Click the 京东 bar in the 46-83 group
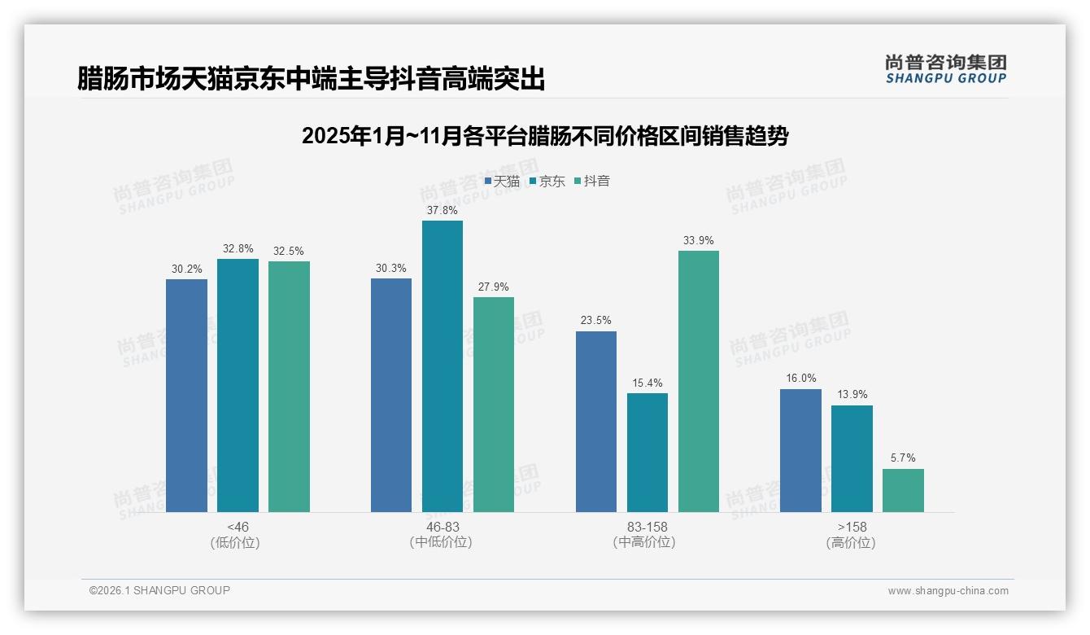coord(442,366)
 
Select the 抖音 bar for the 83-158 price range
coord(698,381)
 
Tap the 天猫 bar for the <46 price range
coord(186,396)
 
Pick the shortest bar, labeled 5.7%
coord(903,490)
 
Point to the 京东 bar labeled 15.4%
coord(647,453)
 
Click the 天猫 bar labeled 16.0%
coord(800,450)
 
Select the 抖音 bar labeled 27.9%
coord(494,405)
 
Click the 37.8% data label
coord(442,210)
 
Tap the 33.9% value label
coord(698,240)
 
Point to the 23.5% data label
coord(595,321)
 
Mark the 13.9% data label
coord(852,395)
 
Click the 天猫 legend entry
coord(502,182)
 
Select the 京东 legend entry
coord(547,182)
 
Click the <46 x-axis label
coord(238,527)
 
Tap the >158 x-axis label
coord(852,527)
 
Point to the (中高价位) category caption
coord(647,542)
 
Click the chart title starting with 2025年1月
coord(545,136)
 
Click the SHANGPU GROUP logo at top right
coord(945,69)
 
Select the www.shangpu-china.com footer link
coord(948,591)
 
